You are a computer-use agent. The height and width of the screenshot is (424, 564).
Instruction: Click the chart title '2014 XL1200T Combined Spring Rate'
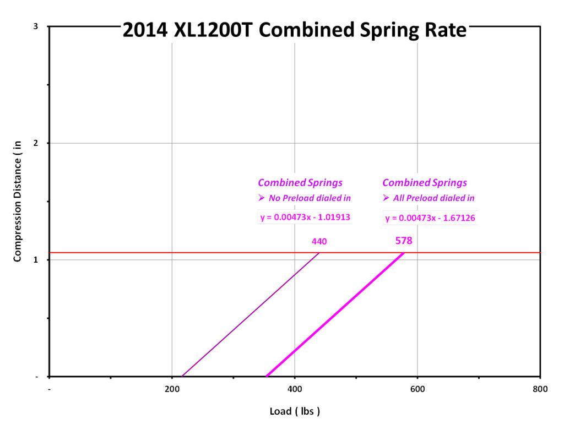click(x=294, y=30)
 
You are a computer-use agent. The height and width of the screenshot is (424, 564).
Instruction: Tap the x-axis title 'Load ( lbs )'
click(x=295, y=411)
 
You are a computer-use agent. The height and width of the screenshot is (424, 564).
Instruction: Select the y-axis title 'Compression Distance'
click(x=18, y=201)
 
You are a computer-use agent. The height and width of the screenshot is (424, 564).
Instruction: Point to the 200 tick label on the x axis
click(x=172, y=389)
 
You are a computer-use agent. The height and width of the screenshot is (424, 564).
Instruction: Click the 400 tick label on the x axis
click(x=295, y=389)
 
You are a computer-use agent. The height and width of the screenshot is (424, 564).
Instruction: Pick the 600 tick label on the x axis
click(x=417, y=389)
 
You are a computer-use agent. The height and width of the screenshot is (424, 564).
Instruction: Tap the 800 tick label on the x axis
click(x=540, y=389)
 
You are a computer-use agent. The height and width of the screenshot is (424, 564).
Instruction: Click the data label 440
click(x=319, y=241)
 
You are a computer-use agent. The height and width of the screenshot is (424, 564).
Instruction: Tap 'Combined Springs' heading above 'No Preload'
click(x=300, y=183)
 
